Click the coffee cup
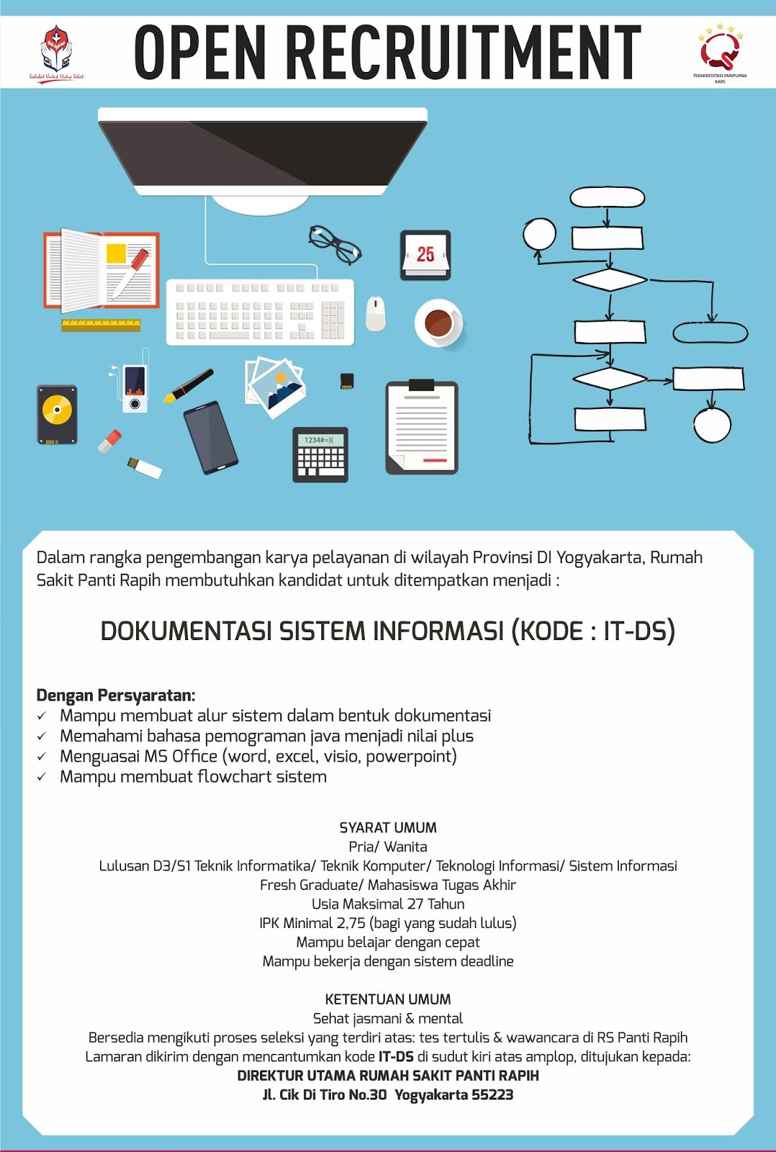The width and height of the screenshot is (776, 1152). [x=439, y=322]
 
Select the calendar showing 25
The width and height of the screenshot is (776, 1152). [x=425, y=255]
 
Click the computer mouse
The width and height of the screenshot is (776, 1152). [x=375, y=313]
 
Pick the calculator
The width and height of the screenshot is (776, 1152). [x=321, y=454]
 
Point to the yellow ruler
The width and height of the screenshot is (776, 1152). [x=101, y=324]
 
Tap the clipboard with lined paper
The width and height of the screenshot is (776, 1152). [x=422, y=428]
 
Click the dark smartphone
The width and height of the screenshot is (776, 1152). [x=210, y=438]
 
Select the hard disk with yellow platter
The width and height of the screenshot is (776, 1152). [x=57, y=414]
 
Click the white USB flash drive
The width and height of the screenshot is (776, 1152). [x=145, y=467]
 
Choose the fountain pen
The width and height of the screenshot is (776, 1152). [x=189, y=385]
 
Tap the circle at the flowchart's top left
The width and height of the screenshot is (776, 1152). [x=539, y=234]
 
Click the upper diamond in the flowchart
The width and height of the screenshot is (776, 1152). [x=610, y=279]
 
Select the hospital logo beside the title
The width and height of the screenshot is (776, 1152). [x=56, y=50]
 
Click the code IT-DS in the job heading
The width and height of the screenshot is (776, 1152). [x=638, y=631]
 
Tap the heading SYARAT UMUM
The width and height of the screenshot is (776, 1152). [x=388, y=828]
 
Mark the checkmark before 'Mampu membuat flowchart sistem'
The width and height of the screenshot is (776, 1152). [x=42, y=777]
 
